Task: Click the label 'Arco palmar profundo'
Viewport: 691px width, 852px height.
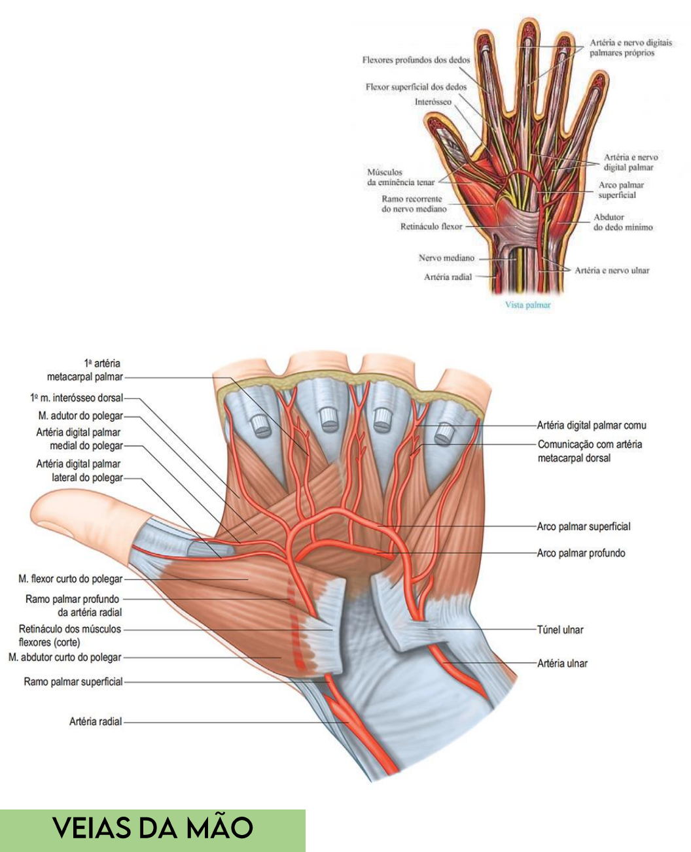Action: point(580,553)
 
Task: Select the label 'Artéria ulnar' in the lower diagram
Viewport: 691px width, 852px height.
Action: point(562,663)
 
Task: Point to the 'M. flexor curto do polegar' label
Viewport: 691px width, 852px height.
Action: point(71,579)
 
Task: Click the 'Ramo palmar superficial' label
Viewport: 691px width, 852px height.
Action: point(73,681)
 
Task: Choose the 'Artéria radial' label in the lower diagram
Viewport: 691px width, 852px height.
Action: point(96,722)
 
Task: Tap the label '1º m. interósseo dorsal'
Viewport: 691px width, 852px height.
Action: point(77,398)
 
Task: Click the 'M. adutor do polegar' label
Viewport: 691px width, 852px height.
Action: point(80,415)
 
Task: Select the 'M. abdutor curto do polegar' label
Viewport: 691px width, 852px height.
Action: point(65,657)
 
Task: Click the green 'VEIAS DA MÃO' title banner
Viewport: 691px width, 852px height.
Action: point(152,829)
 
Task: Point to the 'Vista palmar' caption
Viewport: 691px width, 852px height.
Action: point(527,305)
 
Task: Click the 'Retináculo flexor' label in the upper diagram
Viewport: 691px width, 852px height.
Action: point(431,227)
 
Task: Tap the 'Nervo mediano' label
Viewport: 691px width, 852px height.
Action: point(446,258)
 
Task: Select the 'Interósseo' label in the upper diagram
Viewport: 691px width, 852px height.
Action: point(433,102)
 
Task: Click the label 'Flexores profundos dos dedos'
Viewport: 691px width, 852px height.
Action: point(416,60)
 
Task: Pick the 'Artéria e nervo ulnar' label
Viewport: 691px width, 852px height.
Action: point(612,270)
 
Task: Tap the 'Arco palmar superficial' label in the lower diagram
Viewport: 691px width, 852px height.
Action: point(583,526)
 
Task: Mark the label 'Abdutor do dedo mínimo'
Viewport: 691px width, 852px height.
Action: point(622,222)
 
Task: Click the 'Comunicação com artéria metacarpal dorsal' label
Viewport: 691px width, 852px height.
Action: point(589,451)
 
